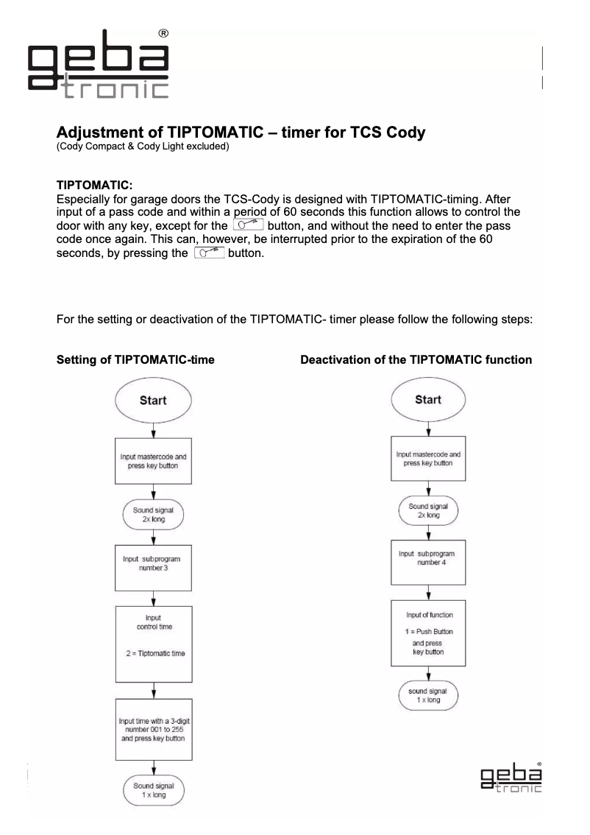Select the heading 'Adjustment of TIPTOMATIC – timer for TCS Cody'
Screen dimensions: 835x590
tap(241, 135)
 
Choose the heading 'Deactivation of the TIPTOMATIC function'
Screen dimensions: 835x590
tap(416, 360)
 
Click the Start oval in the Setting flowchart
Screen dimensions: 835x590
tap(153, 401)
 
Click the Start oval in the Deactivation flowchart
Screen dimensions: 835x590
tap(428, 400)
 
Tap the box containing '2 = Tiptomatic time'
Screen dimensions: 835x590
tap(153, 644)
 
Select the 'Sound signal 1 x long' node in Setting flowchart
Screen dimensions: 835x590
tap(153, 792)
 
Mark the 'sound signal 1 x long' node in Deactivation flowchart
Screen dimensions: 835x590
tap(428, 695)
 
